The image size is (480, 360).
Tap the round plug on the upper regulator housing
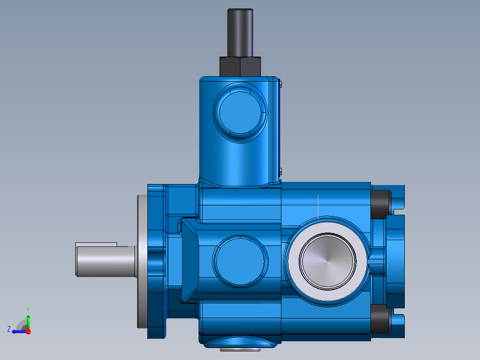click(240, 111)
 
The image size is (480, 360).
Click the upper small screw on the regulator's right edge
click(281, 83)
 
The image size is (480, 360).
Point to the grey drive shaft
click(105, 262)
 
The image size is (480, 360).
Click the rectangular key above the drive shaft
click(96, 245)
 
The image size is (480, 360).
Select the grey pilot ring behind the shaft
click(142, 262)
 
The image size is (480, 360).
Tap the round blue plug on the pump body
click(240, 261)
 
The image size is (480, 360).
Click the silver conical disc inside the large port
click(328, 261)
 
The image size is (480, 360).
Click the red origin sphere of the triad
click(28, 331)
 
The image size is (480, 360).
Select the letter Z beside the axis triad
click(9, 329)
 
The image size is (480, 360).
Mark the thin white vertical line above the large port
click(318, 205)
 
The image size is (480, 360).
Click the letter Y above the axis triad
click(28, 310)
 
